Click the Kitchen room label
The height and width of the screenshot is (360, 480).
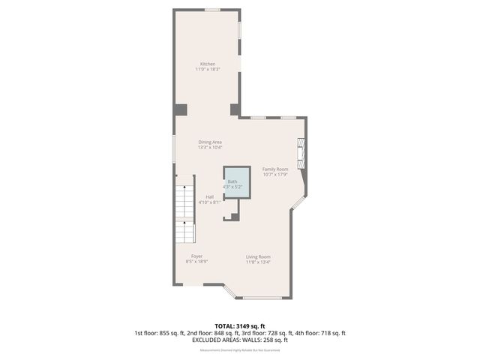[x=207, y=63]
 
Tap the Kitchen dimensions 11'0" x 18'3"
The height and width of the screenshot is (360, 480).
[x=207, y=69]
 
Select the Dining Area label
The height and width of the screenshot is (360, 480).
[x=210, y=142]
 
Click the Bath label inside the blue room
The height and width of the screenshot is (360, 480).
[x=232, y=181]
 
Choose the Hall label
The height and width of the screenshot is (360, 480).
[x=209, y=196]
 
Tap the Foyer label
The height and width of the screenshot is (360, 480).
[x=196, y=256]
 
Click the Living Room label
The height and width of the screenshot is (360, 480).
[x=258, y=256]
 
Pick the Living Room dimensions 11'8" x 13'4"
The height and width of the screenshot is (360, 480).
[x=258, y=262]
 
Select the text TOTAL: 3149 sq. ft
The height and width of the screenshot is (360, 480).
[x=239, y=326]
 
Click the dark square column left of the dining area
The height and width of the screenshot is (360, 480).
[x=180, y=109]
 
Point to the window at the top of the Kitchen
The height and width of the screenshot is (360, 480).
[x=213, y=10]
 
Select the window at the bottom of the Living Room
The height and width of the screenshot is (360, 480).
[x=262, y=298]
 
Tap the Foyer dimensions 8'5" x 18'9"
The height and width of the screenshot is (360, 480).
[x=196, y=262]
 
